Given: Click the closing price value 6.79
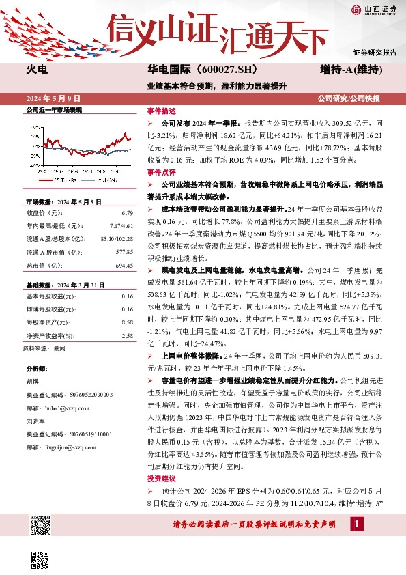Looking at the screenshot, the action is pyautogui.click(x=127, y=214).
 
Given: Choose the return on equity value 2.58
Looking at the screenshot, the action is pyautogui.click(x=127, y=335).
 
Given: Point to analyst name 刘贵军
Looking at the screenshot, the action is pyautogui.click(x=36, y=422).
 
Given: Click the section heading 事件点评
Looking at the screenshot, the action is pyautogui.click(x=161, y=172).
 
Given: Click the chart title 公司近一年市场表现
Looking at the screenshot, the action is pyautogui.click(x=53, y=109).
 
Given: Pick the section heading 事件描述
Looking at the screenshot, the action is pyautogui.click(x=161, y=110).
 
